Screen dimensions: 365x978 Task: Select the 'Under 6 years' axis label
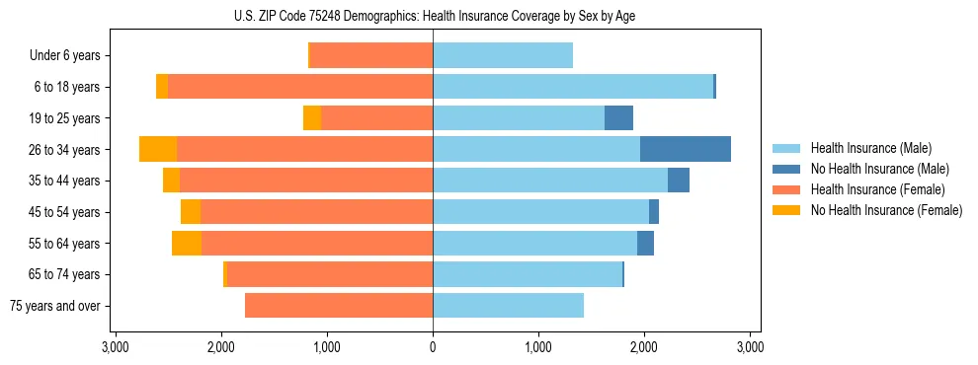[64, 56]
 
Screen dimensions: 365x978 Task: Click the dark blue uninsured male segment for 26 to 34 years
[686, 149]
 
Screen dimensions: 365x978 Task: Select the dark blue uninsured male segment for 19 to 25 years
[618, 118]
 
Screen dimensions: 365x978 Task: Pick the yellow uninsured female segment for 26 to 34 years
[158, 149]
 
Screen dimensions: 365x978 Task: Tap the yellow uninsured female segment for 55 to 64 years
[187, 244]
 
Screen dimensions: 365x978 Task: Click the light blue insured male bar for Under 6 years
[503, 56]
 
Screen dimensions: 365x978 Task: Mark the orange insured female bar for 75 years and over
[339, 306]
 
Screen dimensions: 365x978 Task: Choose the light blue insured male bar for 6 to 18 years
[573, 87]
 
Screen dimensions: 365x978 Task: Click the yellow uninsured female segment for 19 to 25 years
[312, 118]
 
